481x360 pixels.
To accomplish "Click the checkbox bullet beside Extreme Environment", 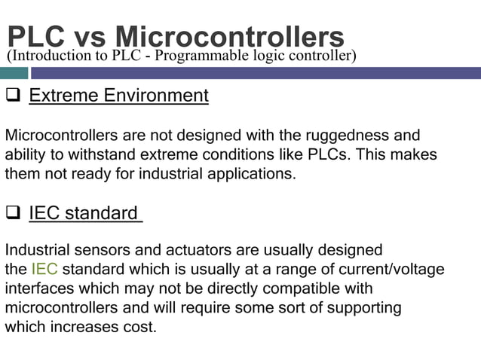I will (x=13, y=96).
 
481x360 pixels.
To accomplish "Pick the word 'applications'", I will (x=250, y=173).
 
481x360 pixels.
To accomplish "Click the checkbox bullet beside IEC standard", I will (x=13, y=213).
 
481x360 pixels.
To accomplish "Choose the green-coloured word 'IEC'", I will (x=44, y=269).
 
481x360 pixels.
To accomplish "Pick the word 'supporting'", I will (x=364, y=307).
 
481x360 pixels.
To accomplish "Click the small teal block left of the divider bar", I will (x=14, y=73).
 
